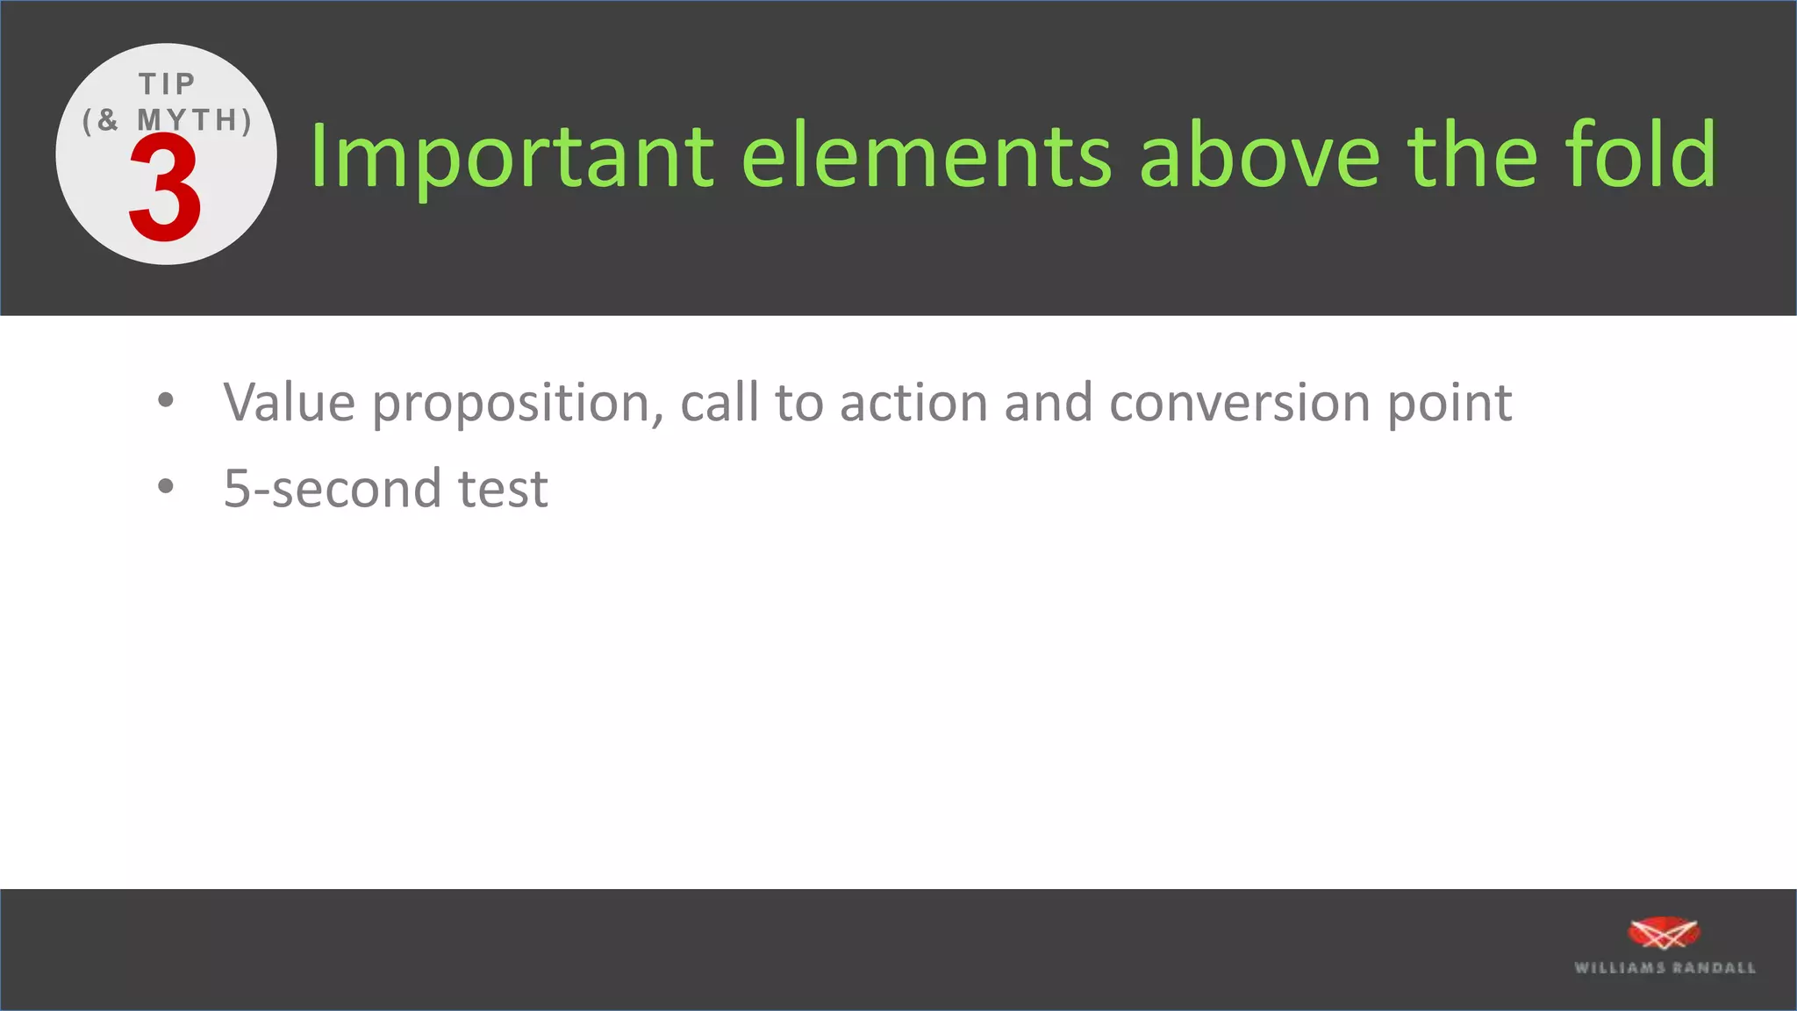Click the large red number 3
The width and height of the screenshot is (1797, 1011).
(x=165, y=189)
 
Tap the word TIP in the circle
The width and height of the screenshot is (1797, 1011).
(x=167, y=84)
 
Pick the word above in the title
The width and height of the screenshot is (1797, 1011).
(x=1260, y=155)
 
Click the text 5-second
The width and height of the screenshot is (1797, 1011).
(x=332, y=488)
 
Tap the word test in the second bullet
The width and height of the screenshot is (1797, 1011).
(x=503, y=488)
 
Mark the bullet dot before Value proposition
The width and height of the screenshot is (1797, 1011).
(x=166, y=401)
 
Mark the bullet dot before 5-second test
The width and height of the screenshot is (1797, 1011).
(x=166, y=486)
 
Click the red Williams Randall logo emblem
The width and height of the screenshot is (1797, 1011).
(x=1663, y=934)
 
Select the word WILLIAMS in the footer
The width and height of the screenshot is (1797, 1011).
(x=1620, y=968)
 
